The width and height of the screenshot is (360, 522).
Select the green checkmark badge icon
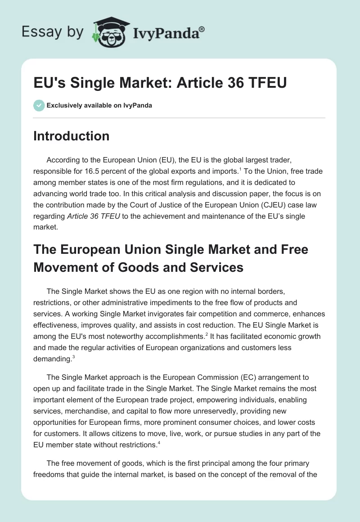[x=39, y=105]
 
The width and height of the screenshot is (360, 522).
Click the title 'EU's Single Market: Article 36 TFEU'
[x=160, y=83]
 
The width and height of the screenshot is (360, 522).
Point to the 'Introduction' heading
[x=71, y=136]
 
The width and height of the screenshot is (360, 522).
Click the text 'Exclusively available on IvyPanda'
[x=99, y=106]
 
